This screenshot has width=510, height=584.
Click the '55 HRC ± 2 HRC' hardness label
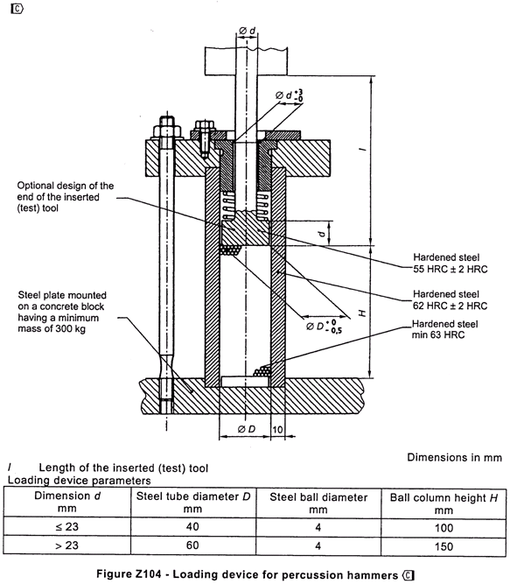click(451, 269)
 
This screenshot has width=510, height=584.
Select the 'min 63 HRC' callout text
click(438, 334)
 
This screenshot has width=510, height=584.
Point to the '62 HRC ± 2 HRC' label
click(451, 306)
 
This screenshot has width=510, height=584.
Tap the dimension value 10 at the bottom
click(277, 429)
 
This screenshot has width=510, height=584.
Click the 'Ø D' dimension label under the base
click(247, 429)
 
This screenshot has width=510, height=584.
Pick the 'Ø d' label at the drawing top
click(248, 31)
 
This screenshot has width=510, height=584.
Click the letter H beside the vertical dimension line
click(362, 313)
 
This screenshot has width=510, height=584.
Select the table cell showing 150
click(444, 546)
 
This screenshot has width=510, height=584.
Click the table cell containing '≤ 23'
click(67, 526)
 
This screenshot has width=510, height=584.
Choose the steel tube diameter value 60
click(192, 545)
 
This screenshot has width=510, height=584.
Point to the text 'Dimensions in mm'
click(455, 457)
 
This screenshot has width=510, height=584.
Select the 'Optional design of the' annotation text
click(66, 186)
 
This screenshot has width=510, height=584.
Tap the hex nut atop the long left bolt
click(167, 131)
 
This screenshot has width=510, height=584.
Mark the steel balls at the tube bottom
click(262, 371)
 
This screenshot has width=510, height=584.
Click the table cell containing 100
click(444, 528)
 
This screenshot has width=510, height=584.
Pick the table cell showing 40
click(192, 526)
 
